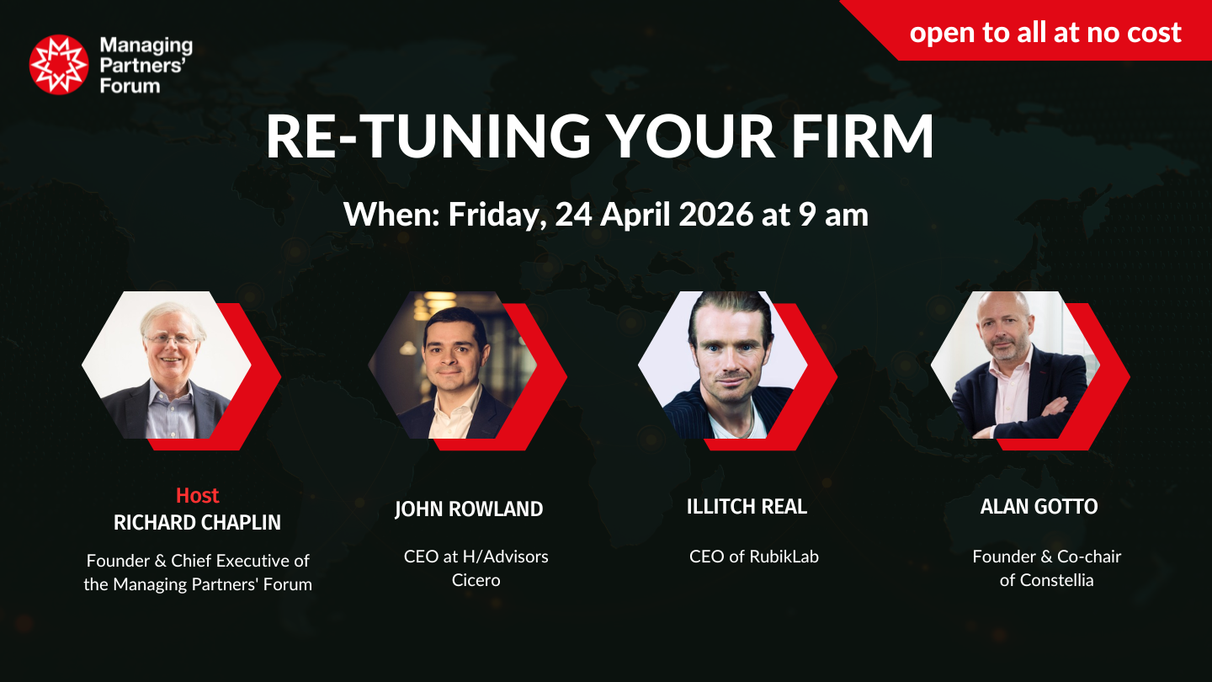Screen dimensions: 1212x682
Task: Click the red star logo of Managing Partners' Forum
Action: [58, 64]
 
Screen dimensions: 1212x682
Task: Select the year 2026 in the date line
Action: [715, 214]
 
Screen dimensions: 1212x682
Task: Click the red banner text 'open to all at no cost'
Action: [1045, 33]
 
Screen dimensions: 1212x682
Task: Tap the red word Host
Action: [198, 495]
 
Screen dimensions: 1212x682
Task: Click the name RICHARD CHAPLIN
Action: [198, 522]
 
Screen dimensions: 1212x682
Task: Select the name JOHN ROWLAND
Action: [469, 509]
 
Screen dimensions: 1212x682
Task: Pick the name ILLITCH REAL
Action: [747, 507]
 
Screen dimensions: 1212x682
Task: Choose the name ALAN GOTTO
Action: [1039, 507]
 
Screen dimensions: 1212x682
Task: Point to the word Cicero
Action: [476, 580]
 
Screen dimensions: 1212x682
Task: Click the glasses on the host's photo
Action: [170, 340]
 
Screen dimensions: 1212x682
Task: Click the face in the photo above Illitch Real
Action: [731, 352]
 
